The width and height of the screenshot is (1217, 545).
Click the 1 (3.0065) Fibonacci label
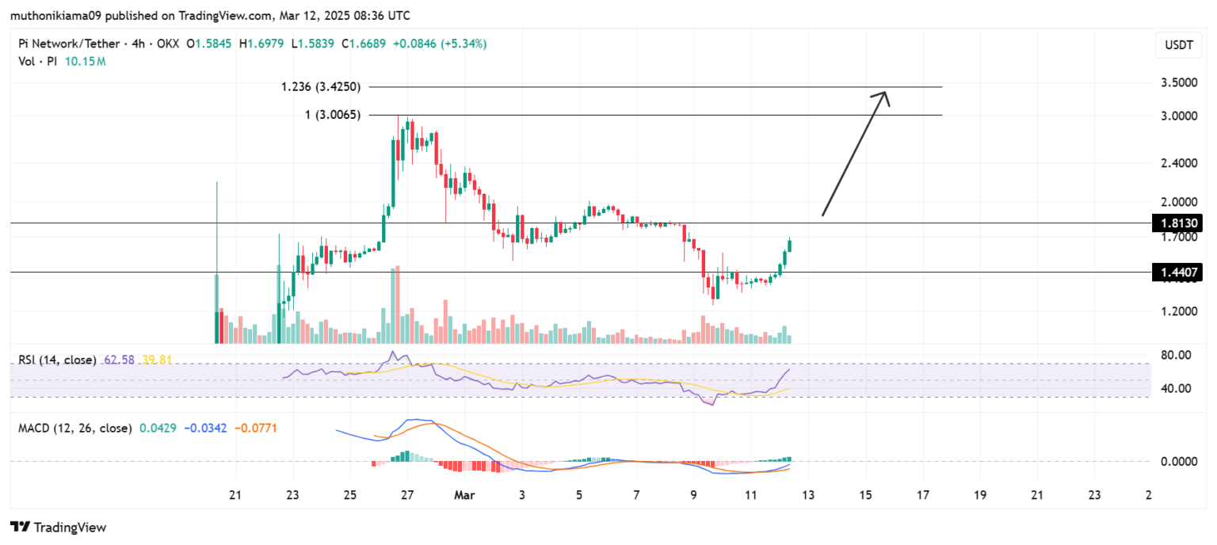click(x=333, y=115)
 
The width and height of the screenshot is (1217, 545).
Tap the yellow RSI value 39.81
click(x=156, y=360)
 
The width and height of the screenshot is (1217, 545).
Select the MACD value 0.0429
click(x=158, y=428)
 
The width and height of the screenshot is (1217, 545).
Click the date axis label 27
click(x=407, y=495)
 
